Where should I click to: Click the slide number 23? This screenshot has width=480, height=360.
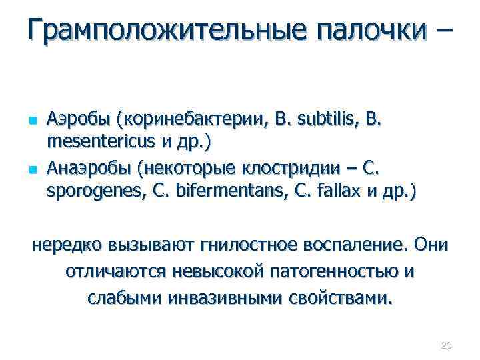coord(446,345)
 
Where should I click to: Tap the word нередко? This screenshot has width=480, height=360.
coord(67,245)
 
